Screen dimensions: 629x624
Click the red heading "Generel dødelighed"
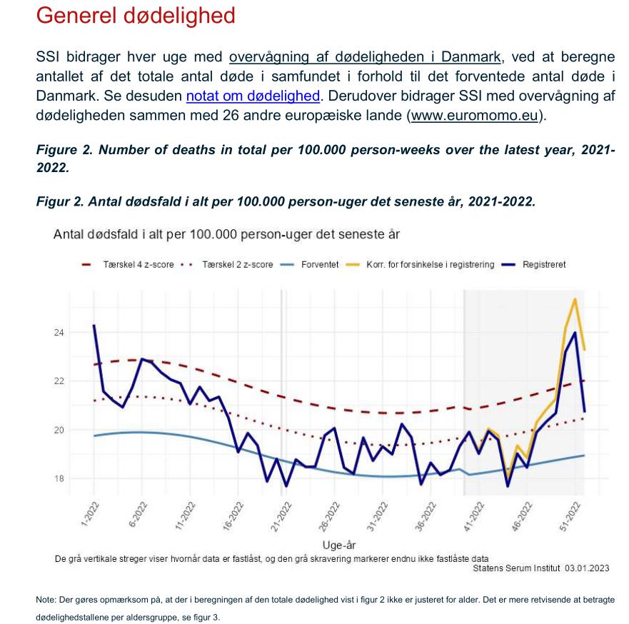[x=136, y=16]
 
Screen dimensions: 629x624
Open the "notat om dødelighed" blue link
[x=253, y=96]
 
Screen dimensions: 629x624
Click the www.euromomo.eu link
[x=474, y=116]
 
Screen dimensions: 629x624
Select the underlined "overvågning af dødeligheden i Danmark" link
[x=365, y=57]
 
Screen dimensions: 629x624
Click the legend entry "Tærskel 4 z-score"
[x=128, y=265]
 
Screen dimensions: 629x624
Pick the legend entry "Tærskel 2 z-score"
[x=227, y=265]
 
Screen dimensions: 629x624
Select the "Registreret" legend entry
[x=533, y=265]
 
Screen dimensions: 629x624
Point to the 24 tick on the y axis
[x=59, y=333]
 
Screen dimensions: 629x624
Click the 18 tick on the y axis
[x=59, y=478]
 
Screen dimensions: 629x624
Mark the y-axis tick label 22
[x=59, y=381]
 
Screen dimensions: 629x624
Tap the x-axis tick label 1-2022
[x=90, y=514]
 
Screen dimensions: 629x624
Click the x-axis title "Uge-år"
[x=339, y=545]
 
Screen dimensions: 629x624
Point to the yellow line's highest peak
[x=575, y=299]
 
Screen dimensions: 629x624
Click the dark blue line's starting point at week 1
[x=94, y=326]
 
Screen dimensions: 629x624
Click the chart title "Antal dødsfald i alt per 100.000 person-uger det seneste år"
[x=226, y=234]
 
